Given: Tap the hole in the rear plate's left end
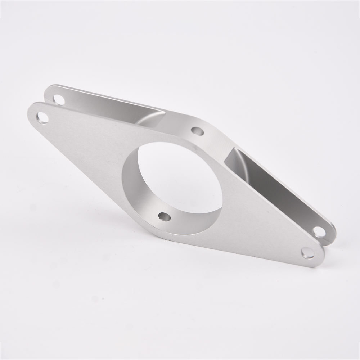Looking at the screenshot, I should click(59, 99).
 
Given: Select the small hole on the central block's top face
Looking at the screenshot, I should click(197, 131).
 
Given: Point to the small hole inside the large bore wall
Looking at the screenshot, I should click(165, 216).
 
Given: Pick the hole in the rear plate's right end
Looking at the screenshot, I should click(319, 231).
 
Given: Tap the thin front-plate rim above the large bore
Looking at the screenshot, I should click(169, 139).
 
